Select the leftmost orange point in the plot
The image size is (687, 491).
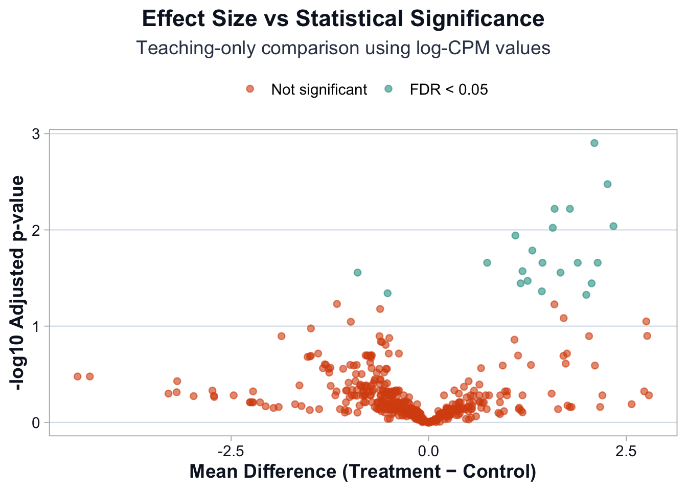click(x=78, y=376)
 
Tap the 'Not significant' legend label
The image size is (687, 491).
click(x=319, y=90)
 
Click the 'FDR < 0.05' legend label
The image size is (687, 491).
click(x=449, y=90)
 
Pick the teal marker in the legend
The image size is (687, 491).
click(x=388, y=89)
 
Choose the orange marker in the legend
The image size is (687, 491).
click(x=250, y=89)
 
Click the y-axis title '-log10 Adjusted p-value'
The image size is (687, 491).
click(x=18, y=284)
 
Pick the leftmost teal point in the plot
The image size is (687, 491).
click(x=358, y=273)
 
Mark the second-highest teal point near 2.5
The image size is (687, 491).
click(x=607, y=184)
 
